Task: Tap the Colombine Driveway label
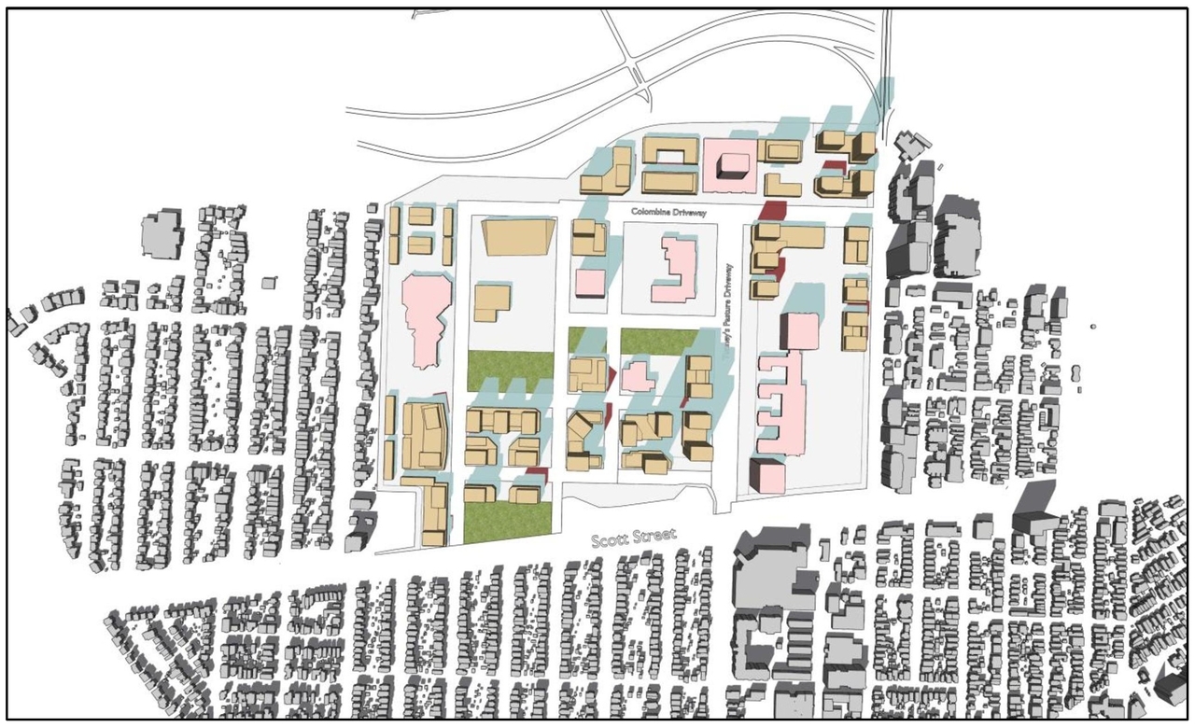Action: pyautogui.click(x=668, y=213)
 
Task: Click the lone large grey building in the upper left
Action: pyautogui.click(x=162, y=232)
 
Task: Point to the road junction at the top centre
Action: pyautogui.click(x=638, y=70)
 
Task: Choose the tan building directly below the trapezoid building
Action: pyautogui.click(x=491, y=304)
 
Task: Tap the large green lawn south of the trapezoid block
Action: pyautogui.click(x=510, y=370)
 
